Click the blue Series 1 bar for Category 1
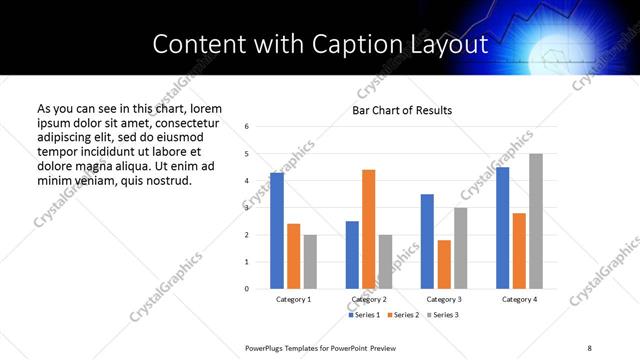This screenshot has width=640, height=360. click(277, 231)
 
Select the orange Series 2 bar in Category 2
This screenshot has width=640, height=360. click(368, 229)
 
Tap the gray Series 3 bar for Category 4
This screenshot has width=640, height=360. click(536, 221)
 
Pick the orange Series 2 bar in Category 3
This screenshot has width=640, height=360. click(444, 264)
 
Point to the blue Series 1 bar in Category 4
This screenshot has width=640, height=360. click(502, 228)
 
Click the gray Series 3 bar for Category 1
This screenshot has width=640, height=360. click(310, 262)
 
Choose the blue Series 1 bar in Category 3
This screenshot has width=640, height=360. click(427, 241)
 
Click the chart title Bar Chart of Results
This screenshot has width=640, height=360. click(402, 110)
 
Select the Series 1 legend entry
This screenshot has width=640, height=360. click(365, 315)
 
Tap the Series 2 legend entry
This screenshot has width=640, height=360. click(403, 315)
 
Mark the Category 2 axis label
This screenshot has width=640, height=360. click(369, 299)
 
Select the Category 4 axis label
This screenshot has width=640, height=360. click(519, 299)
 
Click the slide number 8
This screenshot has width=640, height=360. click(589, 347)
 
